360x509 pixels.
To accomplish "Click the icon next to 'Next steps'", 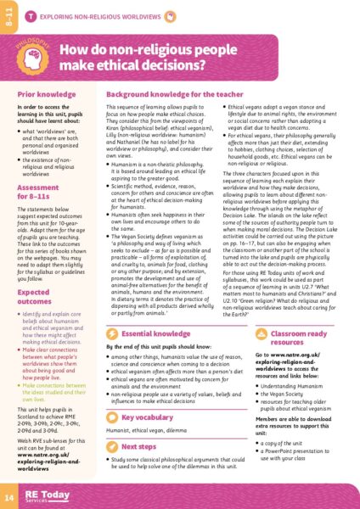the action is coord(115,446).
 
